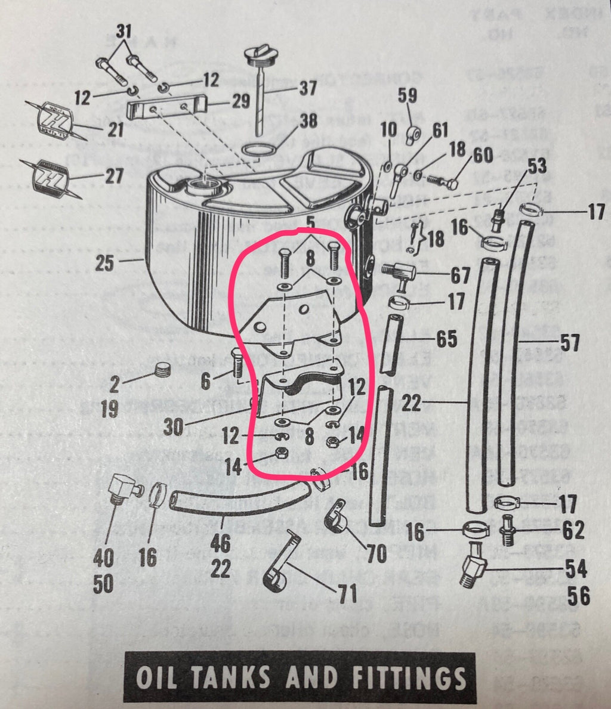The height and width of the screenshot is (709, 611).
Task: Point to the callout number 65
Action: coord(446,339)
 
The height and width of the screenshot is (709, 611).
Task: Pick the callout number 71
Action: coord(347,593)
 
